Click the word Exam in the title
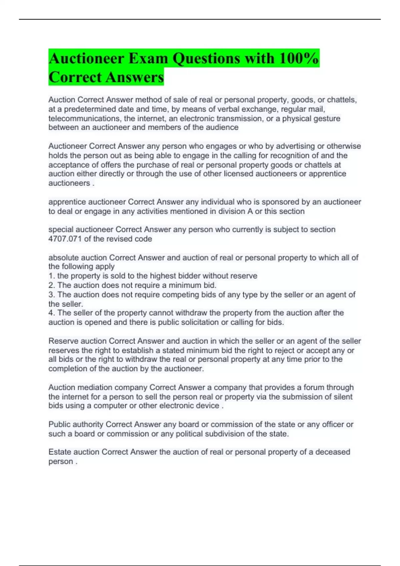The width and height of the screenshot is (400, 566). (x=148, y=59)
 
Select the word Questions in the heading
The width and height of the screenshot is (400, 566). (x=206, y=59)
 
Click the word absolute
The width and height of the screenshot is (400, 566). (x=63, y=257)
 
